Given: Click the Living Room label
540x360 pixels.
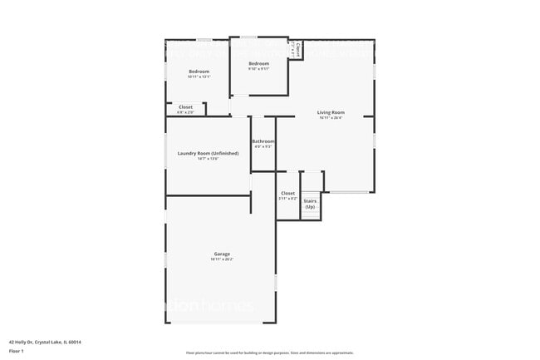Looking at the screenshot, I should point(331,112).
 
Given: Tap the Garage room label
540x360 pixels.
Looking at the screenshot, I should point(222,254).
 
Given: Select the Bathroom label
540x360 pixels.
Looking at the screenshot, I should point(263,141).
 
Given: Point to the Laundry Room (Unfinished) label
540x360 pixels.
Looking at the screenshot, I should point(208,153).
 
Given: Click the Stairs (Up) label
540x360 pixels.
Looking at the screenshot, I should point(310,203).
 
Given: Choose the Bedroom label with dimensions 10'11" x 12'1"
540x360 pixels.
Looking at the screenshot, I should point(199,72).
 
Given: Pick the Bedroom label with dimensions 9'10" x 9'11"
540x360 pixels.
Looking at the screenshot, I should point(258,63).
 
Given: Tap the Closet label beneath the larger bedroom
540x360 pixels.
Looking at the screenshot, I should point(185,106).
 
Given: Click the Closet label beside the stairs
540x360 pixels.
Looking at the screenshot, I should point(287,194).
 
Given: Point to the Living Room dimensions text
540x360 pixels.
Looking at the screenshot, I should point(331,118).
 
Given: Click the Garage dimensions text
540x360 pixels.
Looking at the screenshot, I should point(222,259).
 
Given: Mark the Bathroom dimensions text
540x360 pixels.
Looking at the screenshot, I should point(263,147).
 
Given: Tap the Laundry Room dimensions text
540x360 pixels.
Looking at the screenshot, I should point(208,159).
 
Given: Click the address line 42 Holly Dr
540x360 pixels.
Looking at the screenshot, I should point(45,342).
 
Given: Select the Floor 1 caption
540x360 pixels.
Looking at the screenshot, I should point(17,351).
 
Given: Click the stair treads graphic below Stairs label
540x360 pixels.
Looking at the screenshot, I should point(310,214).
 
